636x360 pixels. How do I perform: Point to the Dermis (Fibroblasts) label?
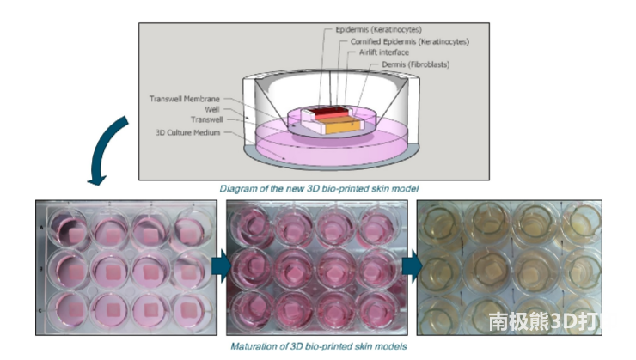pyautogui.click(x=417, y=64)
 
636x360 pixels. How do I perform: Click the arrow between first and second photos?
pyautogui.click(x=217, y=267)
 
